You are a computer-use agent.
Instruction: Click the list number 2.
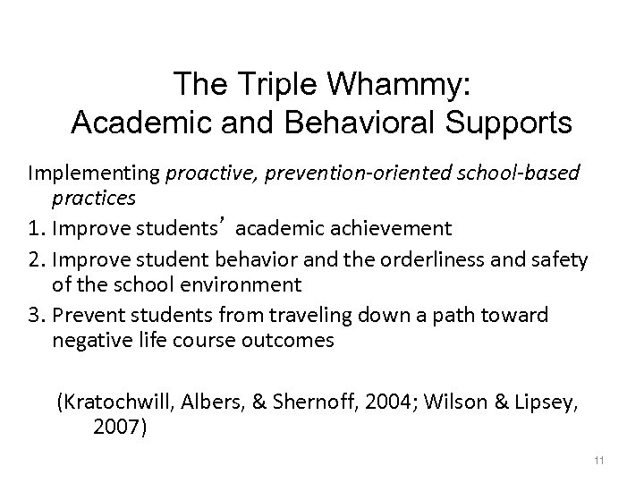(x=60, y=259)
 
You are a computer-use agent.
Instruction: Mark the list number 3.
(x=60, y=316)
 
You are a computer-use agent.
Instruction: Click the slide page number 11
(x=599, y=461)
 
